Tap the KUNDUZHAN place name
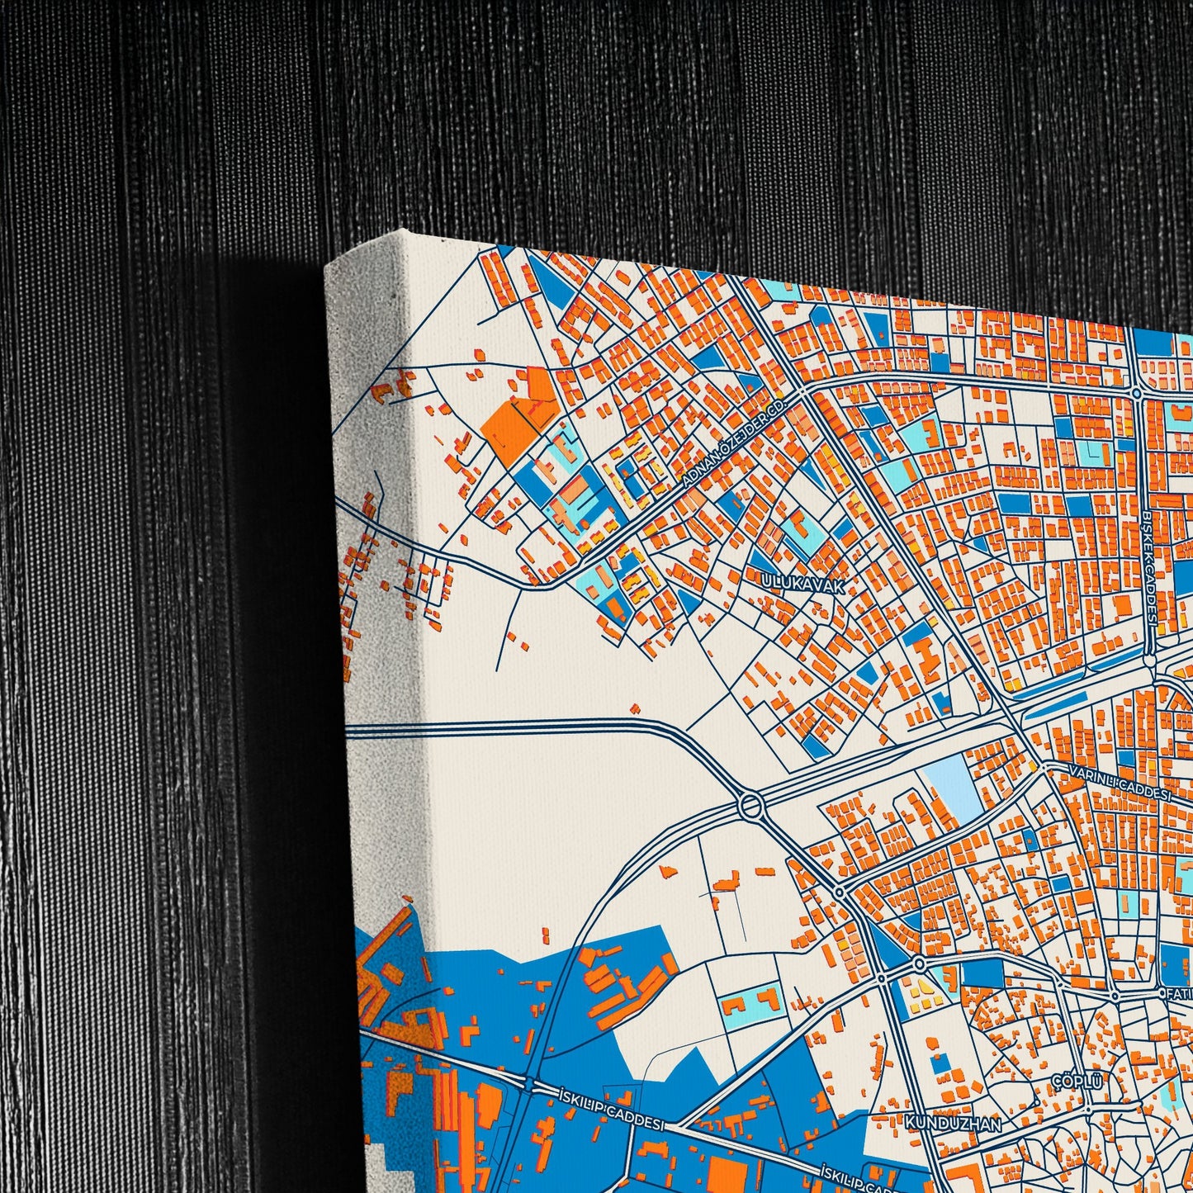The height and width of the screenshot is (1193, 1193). pyautogui.click(x=953, y=1123)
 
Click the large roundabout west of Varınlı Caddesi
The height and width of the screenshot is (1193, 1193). pyautogui.click(x=751, y=805)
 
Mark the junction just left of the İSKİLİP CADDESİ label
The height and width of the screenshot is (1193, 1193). pyautogui.click(x=529, y=1082)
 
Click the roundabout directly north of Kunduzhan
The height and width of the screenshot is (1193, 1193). pyautogui.click(x=919, y=964)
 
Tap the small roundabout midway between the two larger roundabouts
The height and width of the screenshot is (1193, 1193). pyautogui.click(x=839, y=892)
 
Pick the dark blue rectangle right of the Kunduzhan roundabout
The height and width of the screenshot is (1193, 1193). pyautogui.click(x=982, y=973)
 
